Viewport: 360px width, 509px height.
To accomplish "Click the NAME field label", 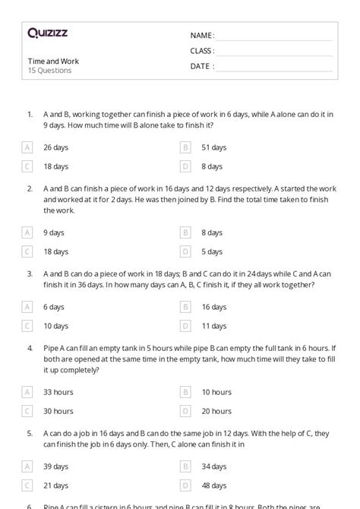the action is [x=202, y=36].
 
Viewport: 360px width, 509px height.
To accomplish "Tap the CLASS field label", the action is [x=202, y=51].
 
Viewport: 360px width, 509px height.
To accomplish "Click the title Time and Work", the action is [x=53, y=61].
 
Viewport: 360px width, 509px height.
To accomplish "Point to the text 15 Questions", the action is [x=50, y=71].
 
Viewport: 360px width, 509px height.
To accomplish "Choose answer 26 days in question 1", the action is [x=55, y=147].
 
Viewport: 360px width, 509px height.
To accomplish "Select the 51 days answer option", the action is [x=213, y=147].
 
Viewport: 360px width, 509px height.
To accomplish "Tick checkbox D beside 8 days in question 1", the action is [x=185, y=166].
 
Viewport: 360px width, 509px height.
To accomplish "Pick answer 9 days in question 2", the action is [x=53, y=232].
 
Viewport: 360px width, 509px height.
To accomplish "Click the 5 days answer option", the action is [x=212, y=251].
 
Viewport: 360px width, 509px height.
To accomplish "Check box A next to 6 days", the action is [x=28, y=307].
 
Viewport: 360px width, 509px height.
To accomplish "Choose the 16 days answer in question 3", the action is [x=213, y=307].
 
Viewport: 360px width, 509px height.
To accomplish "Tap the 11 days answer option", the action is [x=213, y=325].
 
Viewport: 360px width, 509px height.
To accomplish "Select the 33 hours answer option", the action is [x=58, y=392].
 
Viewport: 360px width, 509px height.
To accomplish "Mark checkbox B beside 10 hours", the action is [x=185, y=392].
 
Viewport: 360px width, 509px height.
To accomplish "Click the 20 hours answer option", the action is [x=216, y=410].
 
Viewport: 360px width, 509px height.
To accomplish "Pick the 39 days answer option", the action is [x=55, y=466].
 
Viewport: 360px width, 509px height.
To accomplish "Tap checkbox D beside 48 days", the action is [x=185, y=485].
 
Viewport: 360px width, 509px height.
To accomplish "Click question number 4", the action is [x=30, y=349].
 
